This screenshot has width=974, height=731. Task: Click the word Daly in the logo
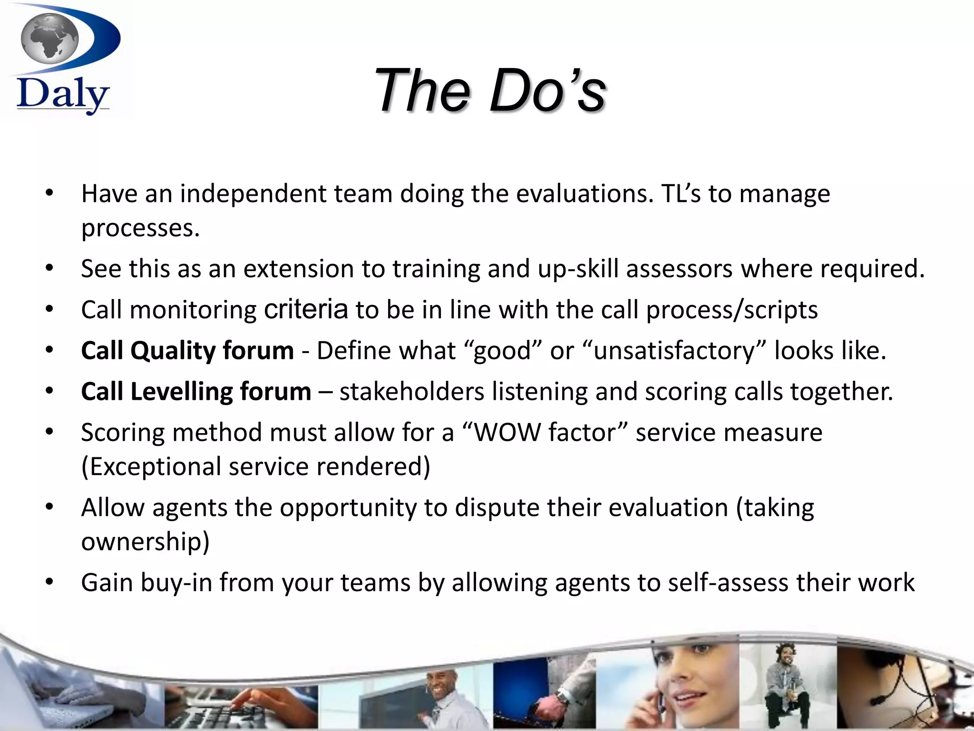(x=62, y=96)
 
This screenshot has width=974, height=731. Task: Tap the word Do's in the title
(x=547, y=90)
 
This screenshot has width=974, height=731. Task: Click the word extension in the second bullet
(x=299, y=268)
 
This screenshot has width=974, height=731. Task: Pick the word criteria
(x=306, y=309)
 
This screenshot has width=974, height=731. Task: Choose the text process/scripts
(x=732, y=310)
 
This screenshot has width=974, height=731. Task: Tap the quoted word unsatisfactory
(x=674, y=351)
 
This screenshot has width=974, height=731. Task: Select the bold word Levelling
(x=181, y=392)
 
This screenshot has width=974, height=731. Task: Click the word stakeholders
(x=411, y=392)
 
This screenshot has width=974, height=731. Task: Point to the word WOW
(x=507, y=433)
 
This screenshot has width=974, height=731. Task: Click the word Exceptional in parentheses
(x=152, y=466)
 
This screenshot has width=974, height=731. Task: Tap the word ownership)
(x=145, y=542)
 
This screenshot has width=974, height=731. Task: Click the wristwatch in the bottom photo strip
(x=563, y=696)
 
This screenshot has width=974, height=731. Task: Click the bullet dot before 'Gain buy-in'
(x=49, y=582)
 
